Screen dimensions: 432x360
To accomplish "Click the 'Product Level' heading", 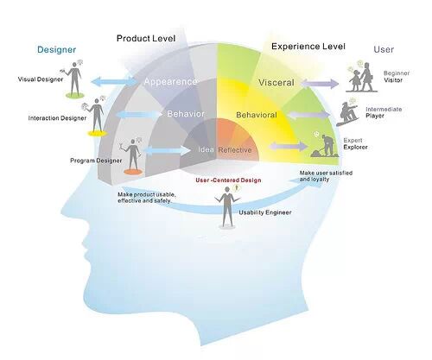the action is tap(146, 38).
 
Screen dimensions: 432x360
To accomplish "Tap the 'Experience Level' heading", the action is tap(308, 47).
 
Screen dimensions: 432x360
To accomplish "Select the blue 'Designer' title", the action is tap(56, 49).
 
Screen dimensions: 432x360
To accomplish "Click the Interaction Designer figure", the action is tap(97, 115).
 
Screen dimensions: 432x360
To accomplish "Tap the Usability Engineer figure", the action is tap(227, 205).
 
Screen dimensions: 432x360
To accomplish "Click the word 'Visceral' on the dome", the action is tap(276, 83).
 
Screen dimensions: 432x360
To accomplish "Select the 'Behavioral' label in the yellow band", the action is tap(257, 115).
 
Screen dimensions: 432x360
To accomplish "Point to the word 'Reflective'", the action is tap(235, 150).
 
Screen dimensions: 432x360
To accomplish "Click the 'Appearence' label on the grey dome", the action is tap(170, 82).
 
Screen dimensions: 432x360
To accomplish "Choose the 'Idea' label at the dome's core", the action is tap(206, 149).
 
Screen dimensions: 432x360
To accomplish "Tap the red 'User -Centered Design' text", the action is tap(228, 180).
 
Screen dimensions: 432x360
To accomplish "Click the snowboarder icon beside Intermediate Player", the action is tap(347, 114).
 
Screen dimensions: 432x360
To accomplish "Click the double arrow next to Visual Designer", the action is tap(114, 81).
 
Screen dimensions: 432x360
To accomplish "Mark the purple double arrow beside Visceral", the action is tap(320, 84).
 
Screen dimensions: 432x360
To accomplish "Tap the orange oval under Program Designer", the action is tap(133, 172).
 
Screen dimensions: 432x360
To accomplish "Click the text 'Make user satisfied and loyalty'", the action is tap(326, 176).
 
